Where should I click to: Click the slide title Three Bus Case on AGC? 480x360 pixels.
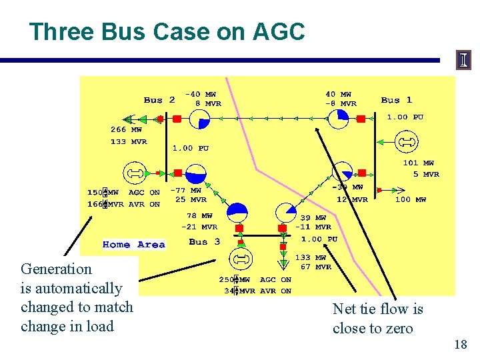pyautogui.click(x=167, y=31)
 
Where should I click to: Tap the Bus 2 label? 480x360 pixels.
pyautogui.click(x=159, y=100)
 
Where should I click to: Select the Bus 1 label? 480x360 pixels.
pyautogui.click(x=397, y=100)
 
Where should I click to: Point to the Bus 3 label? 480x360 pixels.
pyautogui.click(x=204, y=241)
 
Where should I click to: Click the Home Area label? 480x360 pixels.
pyautogui.click(x=133, y=245)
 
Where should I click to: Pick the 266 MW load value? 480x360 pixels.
pyautogui.click(x=126, y=130)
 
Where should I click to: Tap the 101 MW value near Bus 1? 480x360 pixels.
pyautogui.click(x=418, y=163)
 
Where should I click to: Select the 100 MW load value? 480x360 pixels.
pyautogui.click(x=411, y=199)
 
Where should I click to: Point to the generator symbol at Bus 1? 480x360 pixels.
pyautogui.click(x=405, y=142)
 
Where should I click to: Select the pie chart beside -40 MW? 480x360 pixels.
pyautogui.click(x=199, y=119)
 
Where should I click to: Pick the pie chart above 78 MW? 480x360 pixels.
pyautogui.click(x=237, y=211)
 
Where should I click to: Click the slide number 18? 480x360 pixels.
pyautogui.click(x=459, y=345)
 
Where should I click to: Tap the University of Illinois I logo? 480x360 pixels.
pyautogui.click(x=463, y=60)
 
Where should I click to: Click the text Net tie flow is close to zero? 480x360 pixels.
pyautogui.click(x=378, y=318)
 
